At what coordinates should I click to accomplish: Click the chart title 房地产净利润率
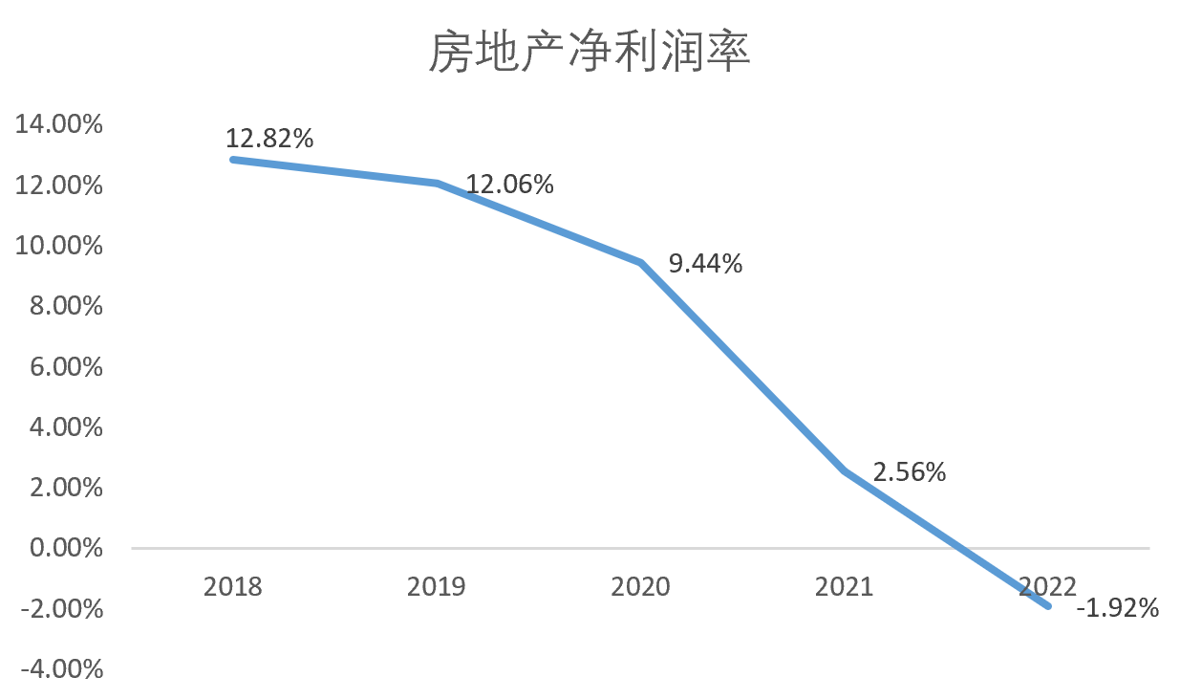590,53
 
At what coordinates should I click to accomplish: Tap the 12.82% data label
269,138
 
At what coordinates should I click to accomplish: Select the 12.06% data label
510,184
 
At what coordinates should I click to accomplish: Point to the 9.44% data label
705,263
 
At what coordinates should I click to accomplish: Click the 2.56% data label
909,471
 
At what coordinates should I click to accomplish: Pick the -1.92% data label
1117,607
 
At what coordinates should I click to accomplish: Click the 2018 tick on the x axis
233,586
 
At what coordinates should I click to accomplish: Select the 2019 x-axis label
437,586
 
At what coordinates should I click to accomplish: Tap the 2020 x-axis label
641,586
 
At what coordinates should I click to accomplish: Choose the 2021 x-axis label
845,586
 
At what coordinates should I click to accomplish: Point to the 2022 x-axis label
1048,586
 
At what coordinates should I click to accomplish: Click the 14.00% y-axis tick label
59,124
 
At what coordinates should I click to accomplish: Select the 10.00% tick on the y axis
59,246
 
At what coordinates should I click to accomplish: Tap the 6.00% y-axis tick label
65,366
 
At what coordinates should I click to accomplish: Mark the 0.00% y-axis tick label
65,548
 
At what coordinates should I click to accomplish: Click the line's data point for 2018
233,160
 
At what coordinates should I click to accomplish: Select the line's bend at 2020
641,262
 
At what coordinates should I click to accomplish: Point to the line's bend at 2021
845,470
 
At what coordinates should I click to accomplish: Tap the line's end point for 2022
1048,605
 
